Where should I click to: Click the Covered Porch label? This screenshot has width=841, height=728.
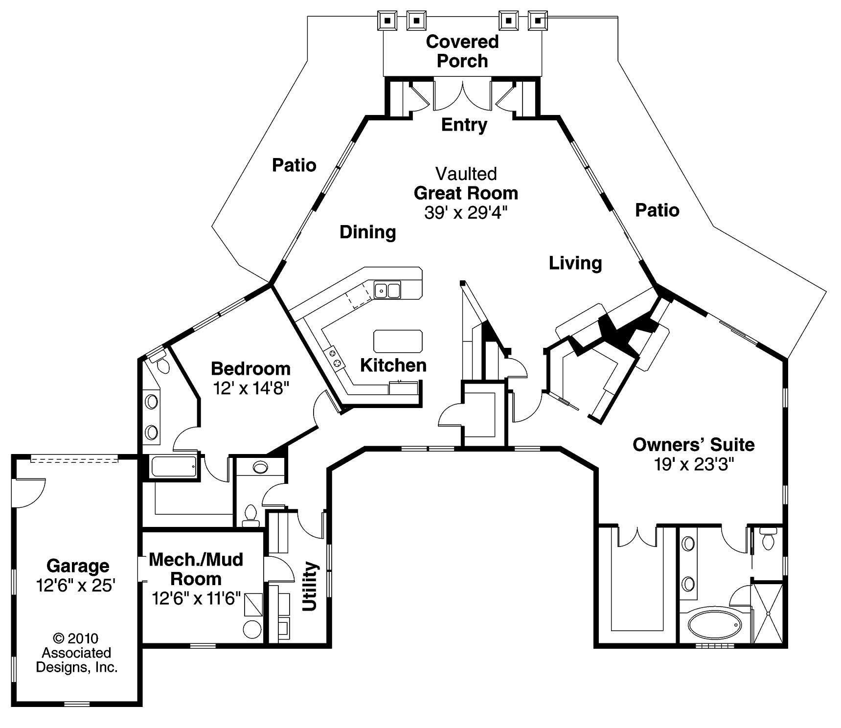(462, 51)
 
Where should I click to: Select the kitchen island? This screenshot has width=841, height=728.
(398, 341)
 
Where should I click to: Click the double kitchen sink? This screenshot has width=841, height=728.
(387, 290)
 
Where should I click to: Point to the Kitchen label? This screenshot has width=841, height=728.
(393, 365)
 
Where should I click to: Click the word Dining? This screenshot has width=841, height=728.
(367, 232)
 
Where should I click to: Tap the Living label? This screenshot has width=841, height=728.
(575, 263)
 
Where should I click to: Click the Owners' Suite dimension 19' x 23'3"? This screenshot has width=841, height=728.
(694, 464)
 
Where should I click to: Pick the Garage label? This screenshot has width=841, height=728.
(78, 566)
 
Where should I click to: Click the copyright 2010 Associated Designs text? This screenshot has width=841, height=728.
(77, 653)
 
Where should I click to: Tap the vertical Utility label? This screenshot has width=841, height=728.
(310, 587)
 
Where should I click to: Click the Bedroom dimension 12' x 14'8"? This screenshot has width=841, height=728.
(251, 388)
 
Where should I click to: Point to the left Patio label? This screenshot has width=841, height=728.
(294, 165)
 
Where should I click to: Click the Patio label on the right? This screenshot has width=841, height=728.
(657, 210)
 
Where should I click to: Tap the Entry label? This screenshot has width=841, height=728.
(464, 125)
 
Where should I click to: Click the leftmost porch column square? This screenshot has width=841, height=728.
(387, 21)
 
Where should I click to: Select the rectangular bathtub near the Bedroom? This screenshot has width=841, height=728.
(174, 466)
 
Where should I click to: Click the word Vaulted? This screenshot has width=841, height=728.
(466, 174)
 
